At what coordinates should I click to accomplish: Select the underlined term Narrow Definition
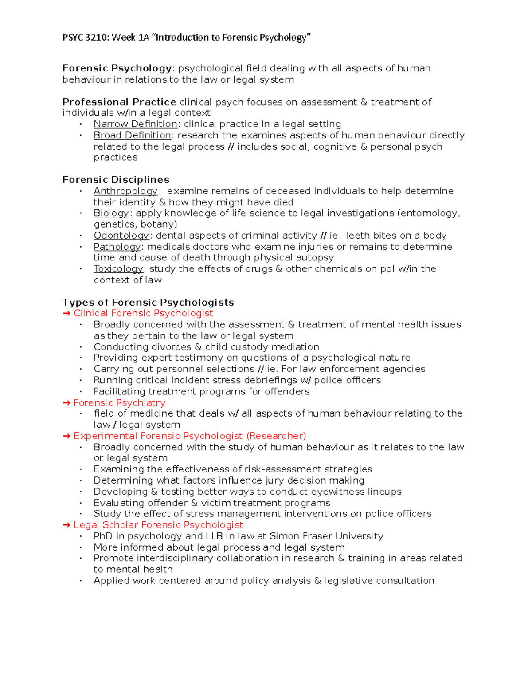coord(135,124)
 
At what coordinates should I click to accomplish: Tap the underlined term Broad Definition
coord(132,135)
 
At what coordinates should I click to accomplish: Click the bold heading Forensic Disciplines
coord(116,180)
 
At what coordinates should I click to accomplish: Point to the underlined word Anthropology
coord(125,191)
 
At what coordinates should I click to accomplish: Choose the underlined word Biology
coord(111,213)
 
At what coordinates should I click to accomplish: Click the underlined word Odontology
coord(121,236)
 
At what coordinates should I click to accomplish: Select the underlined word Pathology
coord(117,247)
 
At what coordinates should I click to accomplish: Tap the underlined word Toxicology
coord(118,269)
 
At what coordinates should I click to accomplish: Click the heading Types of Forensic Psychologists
coord(148,303)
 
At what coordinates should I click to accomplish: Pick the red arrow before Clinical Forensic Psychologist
coord(66,314)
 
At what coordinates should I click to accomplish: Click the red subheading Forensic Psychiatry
coord(119,403)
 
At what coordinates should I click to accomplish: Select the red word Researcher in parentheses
coord(276,436)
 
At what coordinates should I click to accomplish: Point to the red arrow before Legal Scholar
coord(66,525)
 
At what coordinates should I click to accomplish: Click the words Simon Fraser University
coord(326,536)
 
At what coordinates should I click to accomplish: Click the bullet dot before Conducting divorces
coord(81,347)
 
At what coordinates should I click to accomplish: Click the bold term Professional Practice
coord(119,102)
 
